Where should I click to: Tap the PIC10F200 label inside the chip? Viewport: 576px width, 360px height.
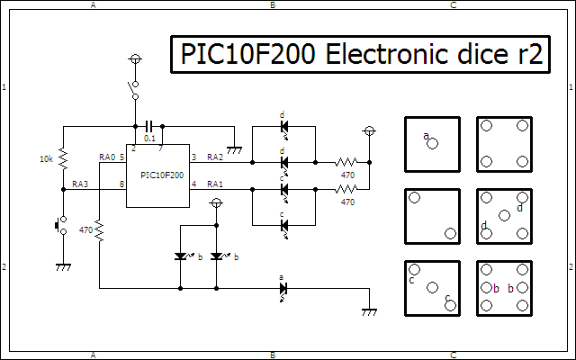point(157,174)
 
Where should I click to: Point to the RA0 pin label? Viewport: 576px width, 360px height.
point(107,157)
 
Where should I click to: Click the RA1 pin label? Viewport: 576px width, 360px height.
point(215,184)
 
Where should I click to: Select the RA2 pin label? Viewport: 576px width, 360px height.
point(215,157)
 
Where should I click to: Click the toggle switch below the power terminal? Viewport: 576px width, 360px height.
point(135,88)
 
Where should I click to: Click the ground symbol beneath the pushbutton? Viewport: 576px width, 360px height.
point(63,266)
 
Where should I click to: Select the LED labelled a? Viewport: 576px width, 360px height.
point(283,289)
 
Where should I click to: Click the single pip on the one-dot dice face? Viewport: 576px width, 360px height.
point(434,143)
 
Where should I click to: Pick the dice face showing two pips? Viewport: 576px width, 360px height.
point(433,216)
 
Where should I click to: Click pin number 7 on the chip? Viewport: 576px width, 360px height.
point(161,148)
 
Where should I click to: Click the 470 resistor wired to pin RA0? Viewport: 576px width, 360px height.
point(99,231)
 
